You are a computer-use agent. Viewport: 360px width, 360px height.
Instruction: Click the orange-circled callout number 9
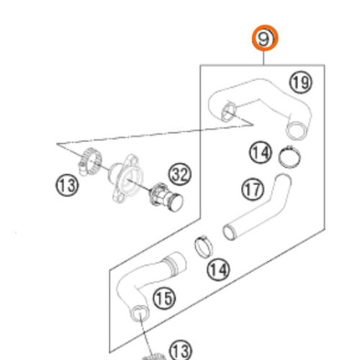click(265, 38)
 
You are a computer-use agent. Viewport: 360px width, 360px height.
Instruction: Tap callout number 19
click(301, 83)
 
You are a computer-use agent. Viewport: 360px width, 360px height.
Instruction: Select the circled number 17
click(253, 189)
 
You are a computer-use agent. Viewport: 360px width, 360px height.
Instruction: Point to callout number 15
click(164, 298)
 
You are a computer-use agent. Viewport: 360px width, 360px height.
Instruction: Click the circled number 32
click(180, 174)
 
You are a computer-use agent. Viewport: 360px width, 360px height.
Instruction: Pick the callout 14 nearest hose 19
click(261, 152)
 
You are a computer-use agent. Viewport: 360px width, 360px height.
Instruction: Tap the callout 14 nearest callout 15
click(218, 269)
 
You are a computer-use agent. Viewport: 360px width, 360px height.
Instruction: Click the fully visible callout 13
click(67, 185)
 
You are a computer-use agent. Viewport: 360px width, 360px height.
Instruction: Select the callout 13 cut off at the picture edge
click(181, 351)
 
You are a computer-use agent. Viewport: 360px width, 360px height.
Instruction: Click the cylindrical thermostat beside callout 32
click(167, 197)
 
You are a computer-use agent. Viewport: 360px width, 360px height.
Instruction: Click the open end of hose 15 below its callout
click(140, 313)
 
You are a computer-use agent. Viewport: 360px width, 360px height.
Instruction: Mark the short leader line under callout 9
click(264, 58)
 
